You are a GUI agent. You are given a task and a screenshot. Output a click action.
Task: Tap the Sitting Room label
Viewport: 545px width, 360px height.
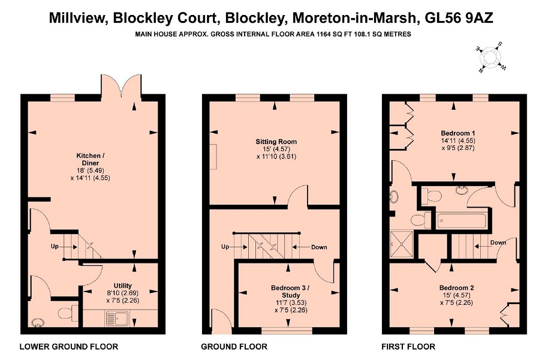click(276, 142)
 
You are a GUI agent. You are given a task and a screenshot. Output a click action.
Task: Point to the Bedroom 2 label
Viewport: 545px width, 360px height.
click(457, 287)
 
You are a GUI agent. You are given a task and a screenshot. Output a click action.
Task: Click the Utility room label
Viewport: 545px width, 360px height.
click(123, 286)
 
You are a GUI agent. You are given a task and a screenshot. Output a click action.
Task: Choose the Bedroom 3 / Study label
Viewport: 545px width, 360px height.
click(290, 292)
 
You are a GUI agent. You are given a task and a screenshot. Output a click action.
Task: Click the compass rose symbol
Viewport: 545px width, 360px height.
click(490, 56)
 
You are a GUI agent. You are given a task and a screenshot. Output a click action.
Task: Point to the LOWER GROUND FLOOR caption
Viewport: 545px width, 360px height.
click(69, 347)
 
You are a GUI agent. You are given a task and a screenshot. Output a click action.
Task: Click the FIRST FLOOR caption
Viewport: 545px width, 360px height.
click(408, 347)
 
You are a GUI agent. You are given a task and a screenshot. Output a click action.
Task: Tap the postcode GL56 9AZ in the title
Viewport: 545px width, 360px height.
click(459, 17)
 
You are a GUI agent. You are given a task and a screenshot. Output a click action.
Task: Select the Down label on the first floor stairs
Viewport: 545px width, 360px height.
click(498, 242)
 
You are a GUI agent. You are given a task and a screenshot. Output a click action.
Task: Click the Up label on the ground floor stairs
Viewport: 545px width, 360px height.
click(225, 247)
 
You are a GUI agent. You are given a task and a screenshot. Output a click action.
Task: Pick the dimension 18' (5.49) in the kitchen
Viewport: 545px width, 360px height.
click(90, 170)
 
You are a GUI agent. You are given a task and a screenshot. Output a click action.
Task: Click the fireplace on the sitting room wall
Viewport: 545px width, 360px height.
click(213, 157)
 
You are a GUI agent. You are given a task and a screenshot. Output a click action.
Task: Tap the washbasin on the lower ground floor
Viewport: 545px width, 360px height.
click(37, 323)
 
